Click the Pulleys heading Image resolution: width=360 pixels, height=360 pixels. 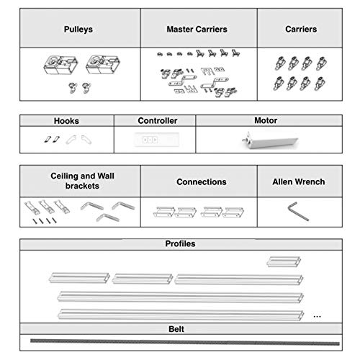pyautogui.click(x=78, y=30)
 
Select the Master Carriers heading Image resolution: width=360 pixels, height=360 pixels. pyautogui.click(x=197, y=30)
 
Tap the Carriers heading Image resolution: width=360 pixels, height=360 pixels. pyautogui.click(x=301, y=29)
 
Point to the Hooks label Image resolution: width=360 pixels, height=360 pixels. pyautogui.click(x=66, y=121)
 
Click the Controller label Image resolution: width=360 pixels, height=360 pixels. pyautogui.click(x=158, y=120)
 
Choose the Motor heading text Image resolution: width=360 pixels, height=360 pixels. pyautogui.click(x=266, y=120)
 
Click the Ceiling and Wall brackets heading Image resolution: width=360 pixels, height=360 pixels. pyautogui.click(x=82, y=181)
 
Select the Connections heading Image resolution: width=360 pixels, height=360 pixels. pyautogui.click(x=202, y=181)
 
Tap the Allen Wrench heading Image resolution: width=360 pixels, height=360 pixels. pyautogui.click(x=299, y=181)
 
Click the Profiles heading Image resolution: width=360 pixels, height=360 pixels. pyautogui.click(x=180, y=243)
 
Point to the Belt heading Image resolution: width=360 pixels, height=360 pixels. pyautogui.click(x=176, y=329)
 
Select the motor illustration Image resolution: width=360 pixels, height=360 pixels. pyautogui.click(x=270, y=140)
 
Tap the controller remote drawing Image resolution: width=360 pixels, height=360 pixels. pyautogui.click(x=157, y=140)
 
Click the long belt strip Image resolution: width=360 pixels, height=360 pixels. pyautogui.click(x=185, y=342)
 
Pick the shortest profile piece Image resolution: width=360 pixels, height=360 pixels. pyautogui.click(x=284, y=261)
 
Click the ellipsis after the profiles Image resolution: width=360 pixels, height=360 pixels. pyautogui.click(x=317, y=317)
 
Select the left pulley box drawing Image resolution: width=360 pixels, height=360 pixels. pyautogui.click(x=60, y=65)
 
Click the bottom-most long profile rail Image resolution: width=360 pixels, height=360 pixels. pyautogui.click(x=181, y=315)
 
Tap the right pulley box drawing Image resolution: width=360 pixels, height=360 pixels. pyautogui.click(x=103, y=64)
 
